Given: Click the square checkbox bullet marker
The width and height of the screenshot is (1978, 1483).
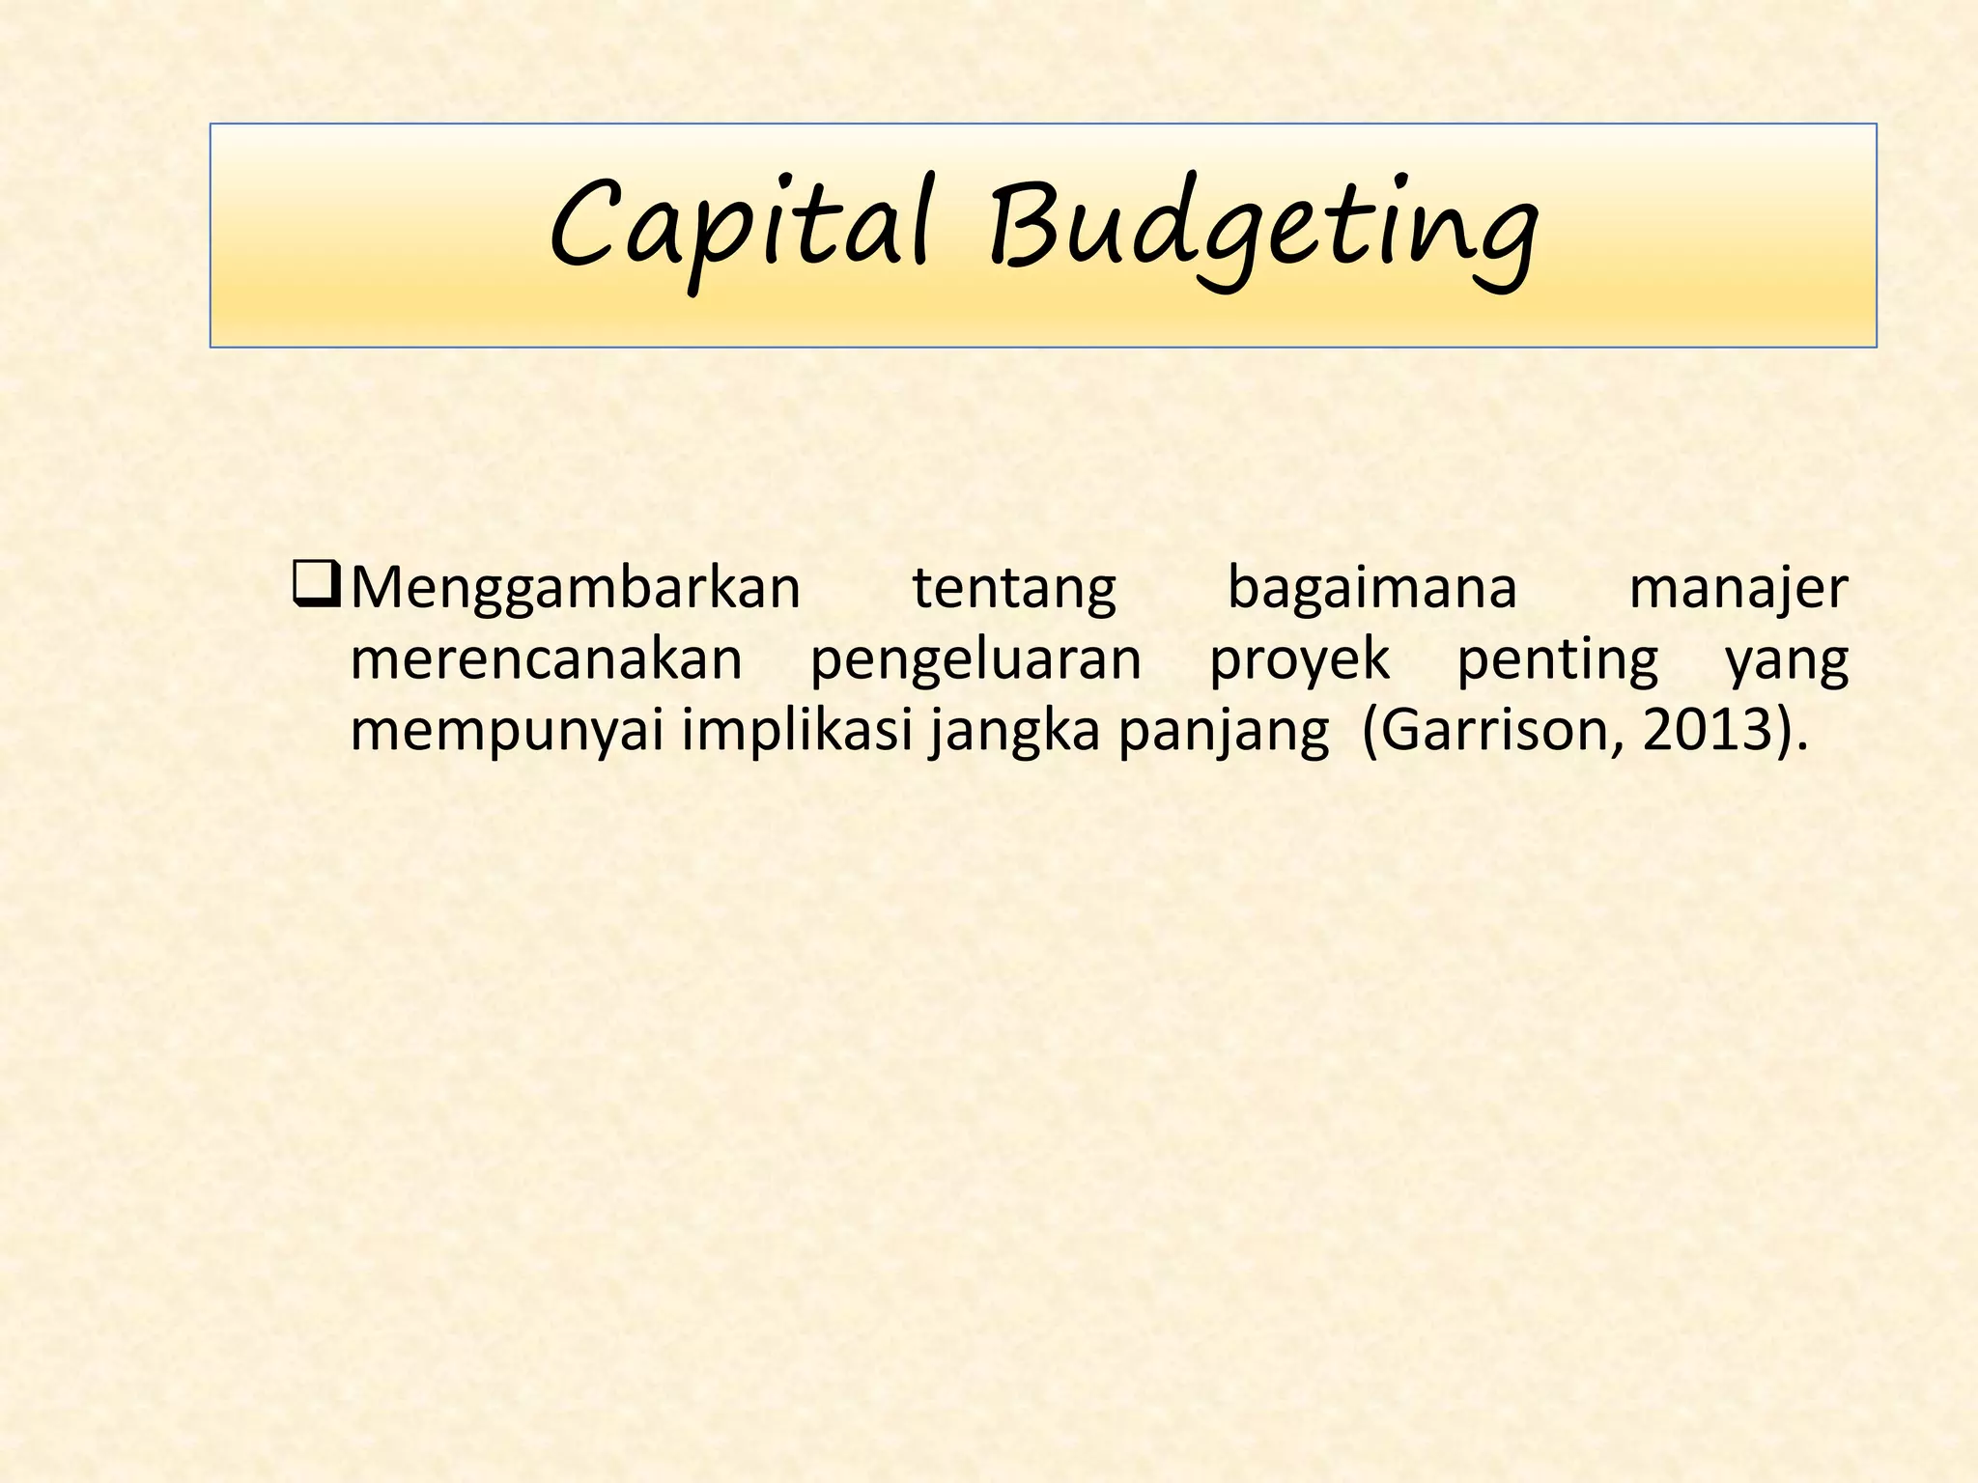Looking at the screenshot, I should point(316,586).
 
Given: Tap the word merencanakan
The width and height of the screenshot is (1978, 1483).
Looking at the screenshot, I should point(547,660).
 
